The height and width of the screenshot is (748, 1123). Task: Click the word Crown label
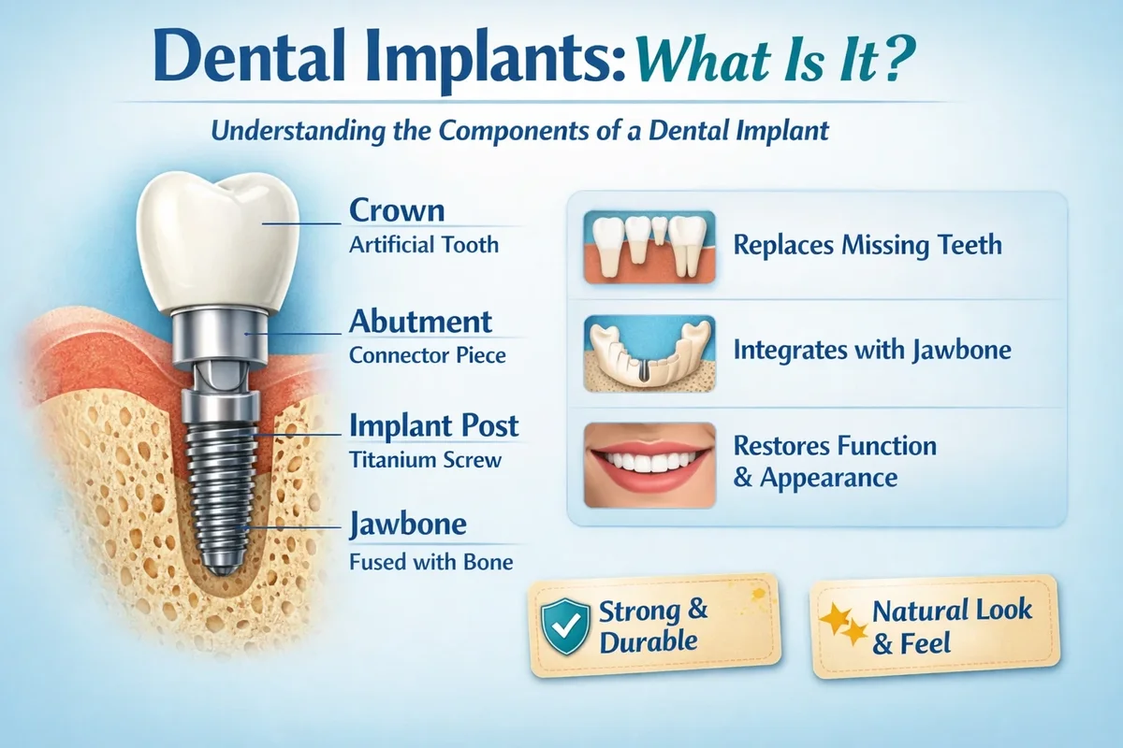coord(397,210)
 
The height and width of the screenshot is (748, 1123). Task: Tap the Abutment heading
coord(420,322)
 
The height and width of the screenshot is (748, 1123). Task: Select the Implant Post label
coord(433,425)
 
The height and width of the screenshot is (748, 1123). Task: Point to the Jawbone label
coord(408,525)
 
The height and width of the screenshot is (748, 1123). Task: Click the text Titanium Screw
coord(425,460)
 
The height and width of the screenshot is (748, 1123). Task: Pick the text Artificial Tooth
coord(424,245)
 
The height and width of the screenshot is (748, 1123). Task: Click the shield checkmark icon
coord(565,626)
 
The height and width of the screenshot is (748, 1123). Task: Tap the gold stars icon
coord(844,624)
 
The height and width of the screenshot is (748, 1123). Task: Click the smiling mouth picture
coord(649,465)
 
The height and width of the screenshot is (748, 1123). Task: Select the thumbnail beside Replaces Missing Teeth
coord(649,247)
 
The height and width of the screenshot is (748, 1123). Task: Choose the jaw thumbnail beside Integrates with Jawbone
coord(649,353)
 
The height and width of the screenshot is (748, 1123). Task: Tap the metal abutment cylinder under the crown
coord(220,335)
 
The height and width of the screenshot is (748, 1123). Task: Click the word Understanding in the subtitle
coord(298,131)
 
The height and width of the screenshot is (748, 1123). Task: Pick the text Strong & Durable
coord(653,626)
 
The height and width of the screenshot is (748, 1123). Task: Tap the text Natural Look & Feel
coord(952,626)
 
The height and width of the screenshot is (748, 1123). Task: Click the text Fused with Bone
coord(430,562)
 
